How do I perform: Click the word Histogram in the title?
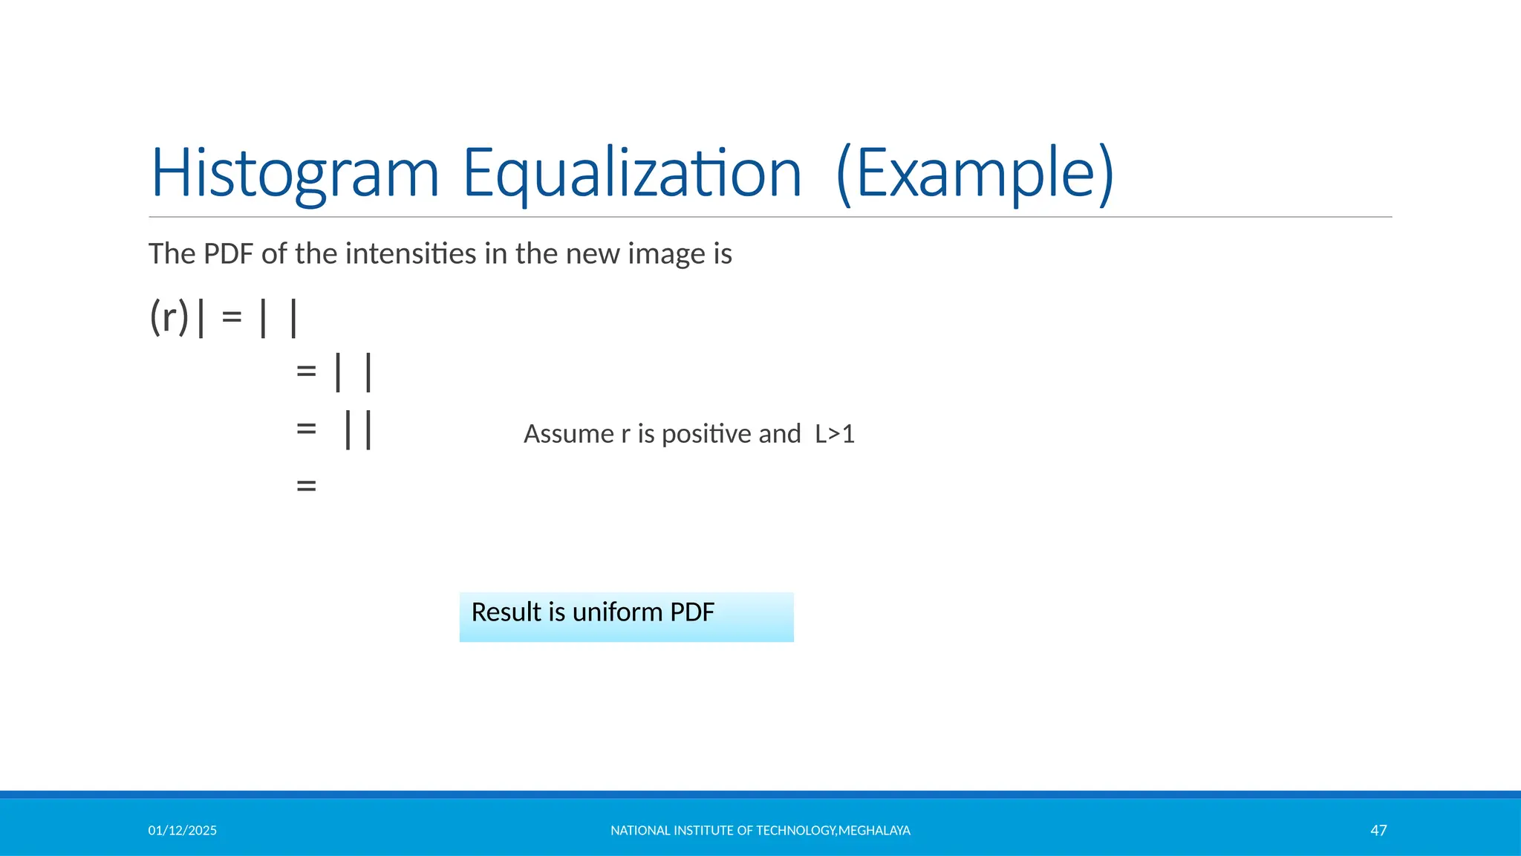click(x=295, y=174)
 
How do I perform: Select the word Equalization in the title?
click(x=632, y=174)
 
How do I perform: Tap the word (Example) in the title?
click(x=974, y=174)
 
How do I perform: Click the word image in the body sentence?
click(x=668, y=254)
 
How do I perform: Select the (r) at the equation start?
click(x=169, y=317)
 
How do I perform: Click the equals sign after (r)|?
click(x=232, y=317)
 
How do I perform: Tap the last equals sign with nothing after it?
click(x=306, y=486)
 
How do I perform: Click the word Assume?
click(x=569, y=434)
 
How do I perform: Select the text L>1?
click(x=835, y=434)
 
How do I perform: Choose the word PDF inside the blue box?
click(x=692, y=612)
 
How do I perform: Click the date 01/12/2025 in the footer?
click(x=182, y=831)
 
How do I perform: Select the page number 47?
click(x=1378, y=831)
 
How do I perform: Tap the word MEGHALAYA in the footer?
click(x=874, y=831)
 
